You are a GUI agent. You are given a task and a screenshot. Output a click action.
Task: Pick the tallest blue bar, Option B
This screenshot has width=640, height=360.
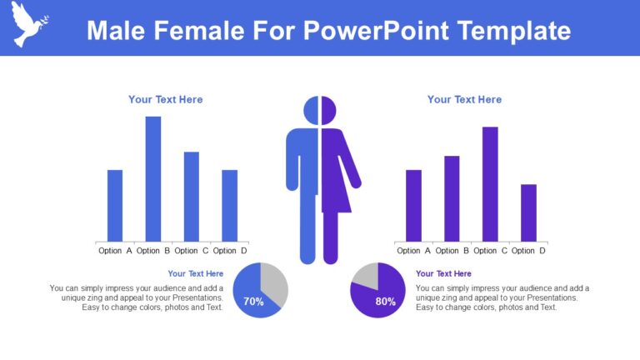tap(153, 178)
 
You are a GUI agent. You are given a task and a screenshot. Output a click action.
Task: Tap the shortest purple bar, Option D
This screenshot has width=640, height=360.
tap(528, 212)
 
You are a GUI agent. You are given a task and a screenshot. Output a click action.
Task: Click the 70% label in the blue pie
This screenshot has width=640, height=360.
tap(253, 302)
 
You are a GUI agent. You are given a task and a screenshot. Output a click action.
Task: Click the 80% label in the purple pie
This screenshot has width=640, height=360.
tap(386, 302)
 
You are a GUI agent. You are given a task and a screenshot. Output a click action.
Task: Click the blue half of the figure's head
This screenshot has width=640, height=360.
tap(311, 111)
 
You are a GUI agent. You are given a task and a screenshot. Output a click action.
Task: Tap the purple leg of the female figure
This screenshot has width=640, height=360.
tap(330, 237)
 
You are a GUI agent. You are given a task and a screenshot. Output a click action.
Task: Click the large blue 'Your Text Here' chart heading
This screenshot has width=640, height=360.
tap(165, 100)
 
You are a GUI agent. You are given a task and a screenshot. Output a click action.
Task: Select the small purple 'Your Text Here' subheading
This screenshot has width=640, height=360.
tap(443, 273)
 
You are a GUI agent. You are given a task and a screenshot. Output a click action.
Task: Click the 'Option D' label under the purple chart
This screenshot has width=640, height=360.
tap(528, 251)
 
